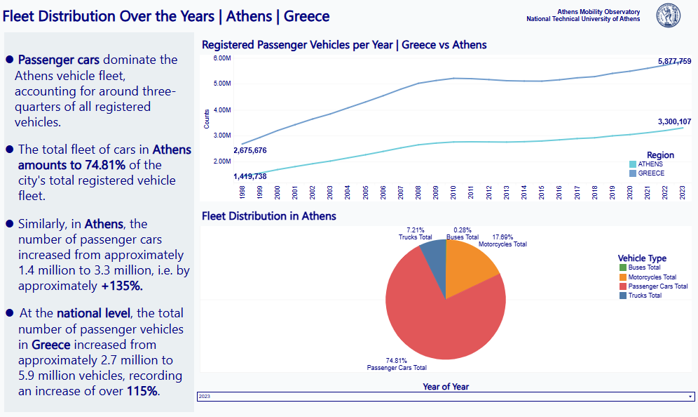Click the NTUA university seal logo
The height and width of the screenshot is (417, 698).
coord(668,15)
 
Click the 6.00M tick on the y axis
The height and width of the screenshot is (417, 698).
coord(221,58)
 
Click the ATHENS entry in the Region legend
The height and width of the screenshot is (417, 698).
coord(650,164)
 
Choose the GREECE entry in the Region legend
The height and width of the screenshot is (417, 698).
coord(650,173)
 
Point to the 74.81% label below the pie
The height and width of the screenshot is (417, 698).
coord(397,360)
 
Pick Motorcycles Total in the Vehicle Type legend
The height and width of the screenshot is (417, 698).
coord(652,277)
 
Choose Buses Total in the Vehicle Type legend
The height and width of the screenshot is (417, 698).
coord(644,267)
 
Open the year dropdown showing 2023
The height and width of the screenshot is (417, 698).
coord(446,397)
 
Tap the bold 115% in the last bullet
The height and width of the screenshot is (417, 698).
coord(143,391)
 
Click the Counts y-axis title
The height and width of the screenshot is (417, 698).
coord(207,119)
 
